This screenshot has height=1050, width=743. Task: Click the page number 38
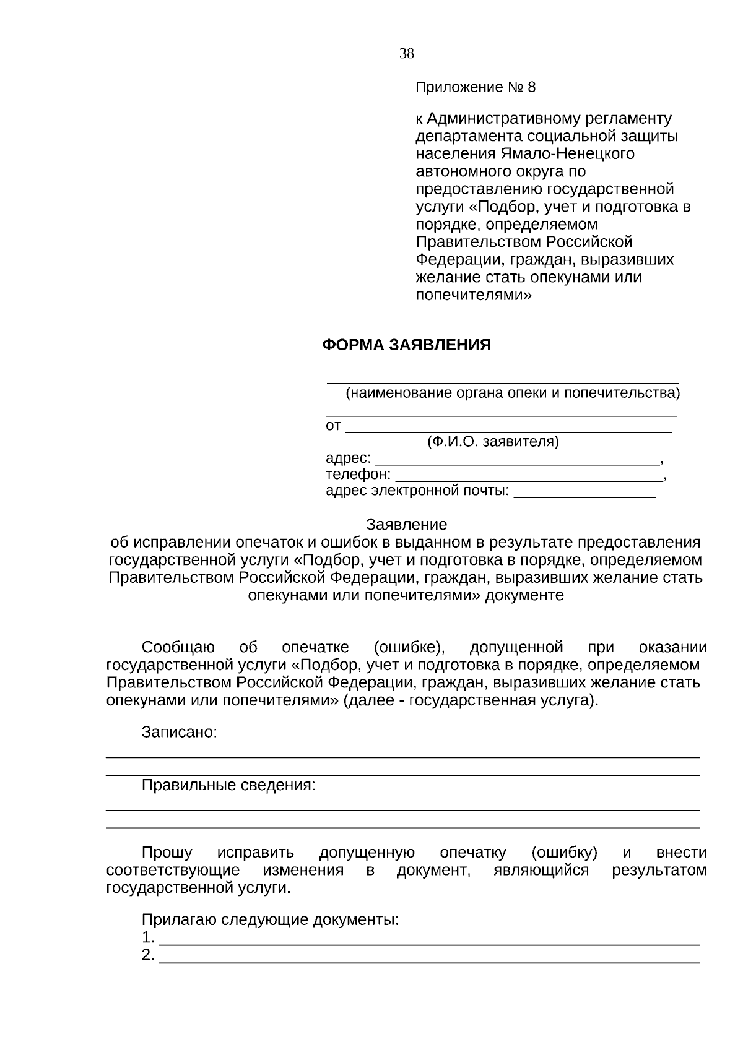[x=406, y=54]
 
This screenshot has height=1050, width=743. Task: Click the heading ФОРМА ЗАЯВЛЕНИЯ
[x=406, y=345]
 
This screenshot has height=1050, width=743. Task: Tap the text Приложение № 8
[x=475, y=87]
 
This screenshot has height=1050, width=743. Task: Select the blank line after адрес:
[x=518, y=461]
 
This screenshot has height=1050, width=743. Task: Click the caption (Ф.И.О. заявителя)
[x=493, y=442]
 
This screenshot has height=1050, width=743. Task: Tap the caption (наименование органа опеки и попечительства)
[x=512, y=393]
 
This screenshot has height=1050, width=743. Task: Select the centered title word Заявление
[x=406, y=525]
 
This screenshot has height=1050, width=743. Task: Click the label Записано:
[x=180, y=732]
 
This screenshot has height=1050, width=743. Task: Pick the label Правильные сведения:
[x=228, y=785]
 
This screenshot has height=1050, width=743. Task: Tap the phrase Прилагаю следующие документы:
[x=271, y=919]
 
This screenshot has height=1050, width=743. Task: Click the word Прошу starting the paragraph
[x=167, y=853]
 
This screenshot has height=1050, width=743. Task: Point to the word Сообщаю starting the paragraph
[x=178, y=647]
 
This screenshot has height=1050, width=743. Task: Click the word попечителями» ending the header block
[x=473, y=295]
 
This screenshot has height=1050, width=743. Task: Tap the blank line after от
[x=508, y=428]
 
